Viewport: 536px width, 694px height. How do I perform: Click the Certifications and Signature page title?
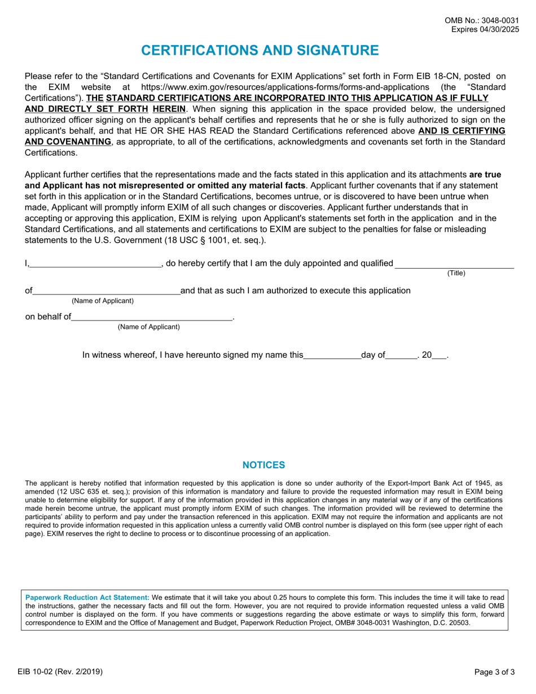pos(260,50)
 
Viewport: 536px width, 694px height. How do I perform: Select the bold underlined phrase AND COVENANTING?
pos(68,141)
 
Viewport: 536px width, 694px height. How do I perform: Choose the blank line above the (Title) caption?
pos(454,263)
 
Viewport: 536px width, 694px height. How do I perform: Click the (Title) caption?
pos(456,273)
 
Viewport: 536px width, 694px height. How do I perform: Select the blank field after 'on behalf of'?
pos(152,317)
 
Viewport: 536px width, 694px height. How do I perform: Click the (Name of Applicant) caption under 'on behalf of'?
pos(148,327)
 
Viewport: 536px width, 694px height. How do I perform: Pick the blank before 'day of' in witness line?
pos(332,355)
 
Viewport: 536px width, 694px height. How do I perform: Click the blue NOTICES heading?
pos(263,465)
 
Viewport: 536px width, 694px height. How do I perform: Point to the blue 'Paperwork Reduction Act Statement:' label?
pos(87,597)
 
